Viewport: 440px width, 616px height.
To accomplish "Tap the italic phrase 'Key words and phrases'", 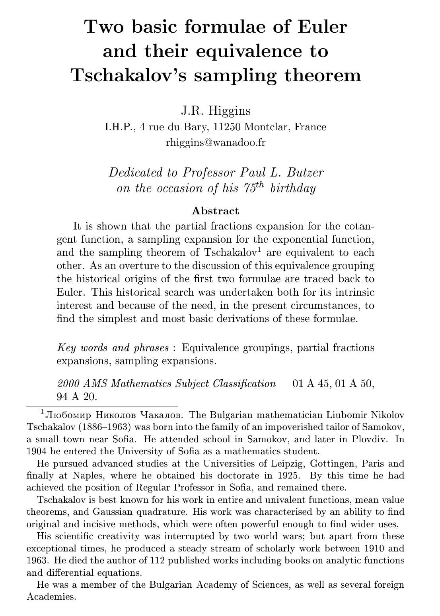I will pos(113,347).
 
